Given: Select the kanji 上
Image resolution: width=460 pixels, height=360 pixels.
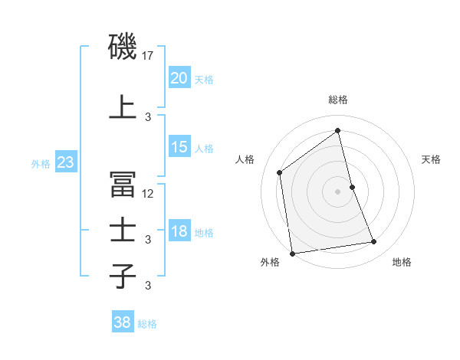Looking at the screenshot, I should point(123,107).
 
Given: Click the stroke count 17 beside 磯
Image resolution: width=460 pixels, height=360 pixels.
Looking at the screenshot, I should point(149,55).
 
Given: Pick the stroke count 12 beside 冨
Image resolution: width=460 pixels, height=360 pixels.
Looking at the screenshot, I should point(149,193).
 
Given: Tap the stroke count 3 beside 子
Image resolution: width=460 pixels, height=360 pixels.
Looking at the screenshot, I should point(149,286).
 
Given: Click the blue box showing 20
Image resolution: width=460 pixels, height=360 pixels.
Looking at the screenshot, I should point(179,78).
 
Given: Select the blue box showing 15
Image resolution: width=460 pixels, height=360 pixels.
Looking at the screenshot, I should point(179,147).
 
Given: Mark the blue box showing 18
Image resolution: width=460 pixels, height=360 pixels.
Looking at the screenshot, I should point(179,231).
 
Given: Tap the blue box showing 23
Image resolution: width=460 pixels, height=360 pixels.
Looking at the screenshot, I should point(65,162).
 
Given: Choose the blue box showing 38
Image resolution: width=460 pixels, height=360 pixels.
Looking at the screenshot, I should point(122,323).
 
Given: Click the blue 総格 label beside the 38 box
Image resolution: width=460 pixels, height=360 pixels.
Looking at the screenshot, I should point(147,324).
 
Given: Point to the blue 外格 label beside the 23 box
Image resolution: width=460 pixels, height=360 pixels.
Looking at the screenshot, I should point(41,163).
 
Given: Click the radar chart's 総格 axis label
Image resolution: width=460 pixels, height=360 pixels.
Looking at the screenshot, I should point(338,100).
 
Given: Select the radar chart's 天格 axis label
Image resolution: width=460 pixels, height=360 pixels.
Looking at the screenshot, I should point(432,159).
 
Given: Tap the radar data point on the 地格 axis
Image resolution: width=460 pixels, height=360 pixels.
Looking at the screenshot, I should point(374,242).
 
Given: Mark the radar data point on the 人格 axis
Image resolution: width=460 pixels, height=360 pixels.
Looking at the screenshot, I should point(280,172).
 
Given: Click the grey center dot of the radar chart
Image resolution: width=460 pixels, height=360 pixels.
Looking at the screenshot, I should point(338,191).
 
